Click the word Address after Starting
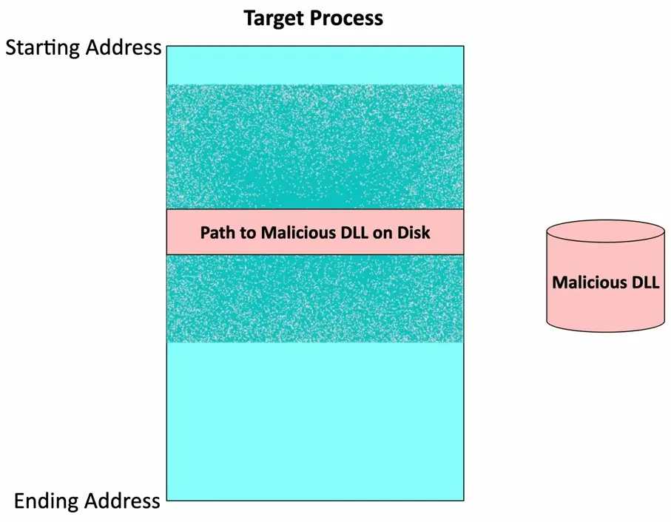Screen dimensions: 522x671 123,49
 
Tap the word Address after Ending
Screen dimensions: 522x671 123,501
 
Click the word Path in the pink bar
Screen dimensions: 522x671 216,233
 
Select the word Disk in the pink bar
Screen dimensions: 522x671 414,233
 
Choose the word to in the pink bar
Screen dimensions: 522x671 243,233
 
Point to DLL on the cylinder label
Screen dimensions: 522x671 644,282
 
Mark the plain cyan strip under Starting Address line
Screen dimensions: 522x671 315,65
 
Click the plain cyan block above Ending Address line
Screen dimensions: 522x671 315,421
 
